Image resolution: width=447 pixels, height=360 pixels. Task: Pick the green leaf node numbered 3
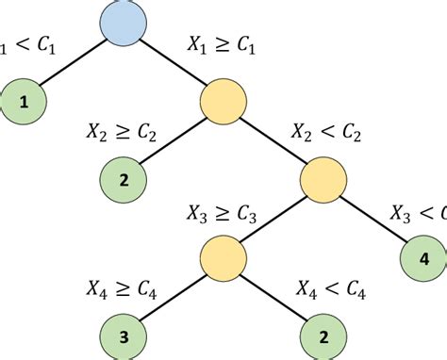coord(126,334)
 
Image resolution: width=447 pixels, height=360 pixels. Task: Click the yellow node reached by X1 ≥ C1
coord(223,101)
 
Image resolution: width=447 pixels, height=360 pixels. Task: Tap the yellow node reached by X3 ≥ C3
coord(223,255)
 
